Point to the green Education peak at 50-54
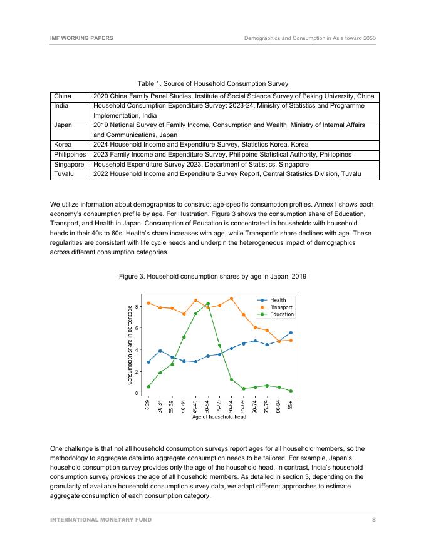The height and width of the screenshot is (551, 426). click(x=208, y=304)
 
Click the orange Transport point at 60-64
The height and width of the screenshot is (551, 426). click(x=232, y=299)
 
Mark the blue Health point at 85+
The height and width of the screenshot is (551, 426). click(x=291, y=332)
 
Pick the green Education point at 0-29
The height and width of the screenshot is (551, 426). click(x=148, y=386)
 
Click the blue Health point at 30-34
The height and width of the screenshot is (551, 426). click(x=160, y=351)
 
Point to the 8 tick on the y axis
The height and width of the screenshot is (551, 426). click(x=138, y=307)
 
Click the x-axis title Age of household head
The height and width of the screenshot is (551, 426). click(x=219, y=418)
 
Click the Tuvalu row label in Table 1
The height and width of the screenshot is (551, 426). click(x=65, y=173)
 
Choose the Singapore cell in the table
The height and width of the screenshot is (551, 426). click(x=69, y=164)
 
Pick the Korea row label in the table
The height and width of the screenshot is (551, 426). click(x=63, y=144)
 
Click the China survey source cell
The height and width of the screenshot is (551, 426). click(x=234, y=96)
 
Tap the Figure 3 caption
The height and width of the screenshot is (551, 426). click(x=212, y=276)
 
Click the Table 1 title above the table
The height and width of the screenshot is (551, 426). click(x=213, y=83)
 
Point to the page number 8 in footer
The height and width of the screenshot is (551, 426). click(x=374, y=520)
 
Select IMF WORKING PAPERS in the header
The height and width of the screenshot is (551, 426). click(x=81, y=38)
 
